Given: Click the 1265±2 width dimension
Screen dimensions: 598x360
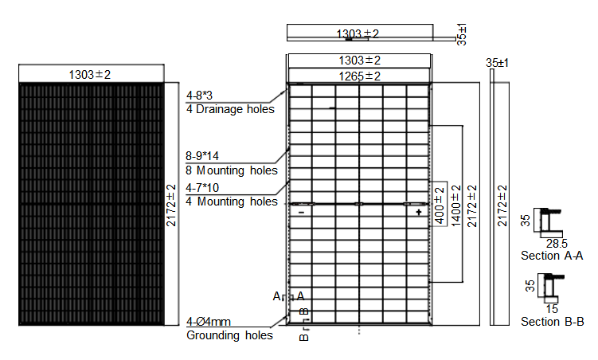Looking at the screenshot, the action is point(359,76).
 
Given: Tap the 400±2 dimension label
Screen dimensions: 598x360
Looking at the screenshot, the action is point(440,205).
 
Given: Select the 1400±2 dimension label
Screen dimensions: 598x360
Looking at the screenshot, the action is point(456,206).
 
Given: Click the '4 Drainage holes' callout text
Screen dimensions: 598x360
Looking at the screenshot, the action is point(230,109).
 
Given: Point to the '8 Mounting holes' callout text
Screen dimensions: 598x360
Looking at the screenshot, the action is point(232,170).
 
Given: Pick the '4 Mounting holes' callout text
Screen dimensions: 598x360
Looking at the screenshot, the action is point(232,202).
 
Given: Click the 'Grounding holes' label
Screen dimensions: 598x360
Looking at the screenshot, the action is point(229,335).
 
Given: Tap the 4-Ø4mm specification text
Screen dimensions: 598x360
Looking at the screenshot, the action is point(209,322).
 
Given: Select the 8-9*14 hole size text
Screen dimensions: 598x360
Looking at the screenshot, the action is point(202,156).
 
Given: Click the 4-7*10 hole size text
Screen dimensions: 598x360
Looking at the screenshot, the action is point(202,188).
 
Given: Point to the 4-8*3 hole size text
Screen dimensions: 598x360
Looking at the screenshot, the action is point(199,96).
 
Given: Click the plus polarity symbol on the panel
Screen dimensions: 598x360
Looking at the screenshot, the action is point(419,212).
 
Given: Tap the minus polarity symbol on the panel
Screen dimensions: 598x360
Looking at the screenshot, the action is point(301,212).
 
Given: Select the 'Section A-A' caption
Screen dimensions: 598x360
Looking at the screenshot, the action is point(552,256).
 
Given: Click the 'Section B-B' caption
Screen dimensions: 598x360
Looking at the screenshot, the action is point(553,322).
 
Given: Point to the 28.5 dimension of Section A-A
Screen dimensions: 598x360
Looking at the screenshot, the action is point(557,243).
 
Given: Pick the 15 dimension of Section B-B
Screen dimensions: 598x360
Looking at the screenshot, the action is point(552,309).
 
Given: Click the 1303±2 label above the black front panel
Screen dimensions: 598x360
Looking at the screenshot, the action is point(90,74).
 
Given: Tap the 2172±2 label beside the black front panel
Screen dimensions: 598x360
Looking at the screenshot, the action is point(171,205).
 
